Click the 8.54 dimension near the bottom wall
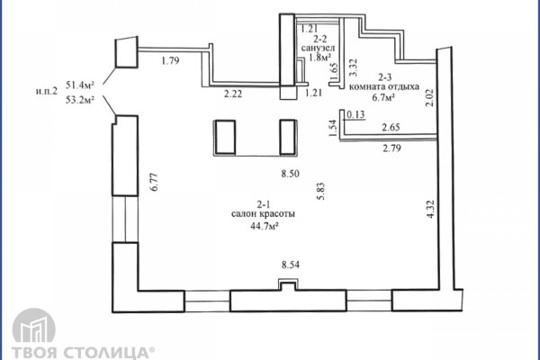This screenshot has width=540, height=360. (291, 265)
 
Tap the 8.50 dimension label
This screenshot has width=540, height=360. (290, 174)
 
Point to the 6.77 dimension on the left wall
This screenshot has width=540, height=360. (154, 182)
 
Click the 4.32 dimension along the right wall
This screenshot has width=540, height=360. (430, 210)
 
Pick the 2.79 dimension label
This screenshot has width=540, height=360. (391, 148)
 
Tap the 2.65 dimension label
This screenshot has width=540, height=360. (391, 127)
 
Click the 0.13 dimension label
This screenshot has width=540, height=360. (355, 114)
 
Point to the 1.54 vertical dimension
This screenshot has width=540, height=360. (333, 128)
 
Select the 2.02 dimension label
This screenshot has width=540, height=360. (429, 98)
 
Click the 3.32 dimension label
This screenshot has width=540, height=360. (354, 67)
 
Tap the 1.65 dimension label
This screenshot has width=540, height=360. (334, 71)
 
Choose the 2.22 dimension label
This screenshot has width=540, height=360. (233, 94)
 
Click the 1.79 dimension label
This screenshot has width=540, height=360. (170, 61)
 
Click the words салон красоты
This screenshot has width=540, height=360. (263, 214)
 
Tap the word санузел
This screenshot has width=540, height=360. (318, 48)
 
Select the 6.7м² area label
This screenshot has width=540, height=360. (383, 98)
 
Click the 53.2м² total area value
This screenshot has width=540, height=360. (80, 100)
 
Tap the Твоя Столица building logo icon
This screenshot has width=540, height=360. (34, 326)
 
